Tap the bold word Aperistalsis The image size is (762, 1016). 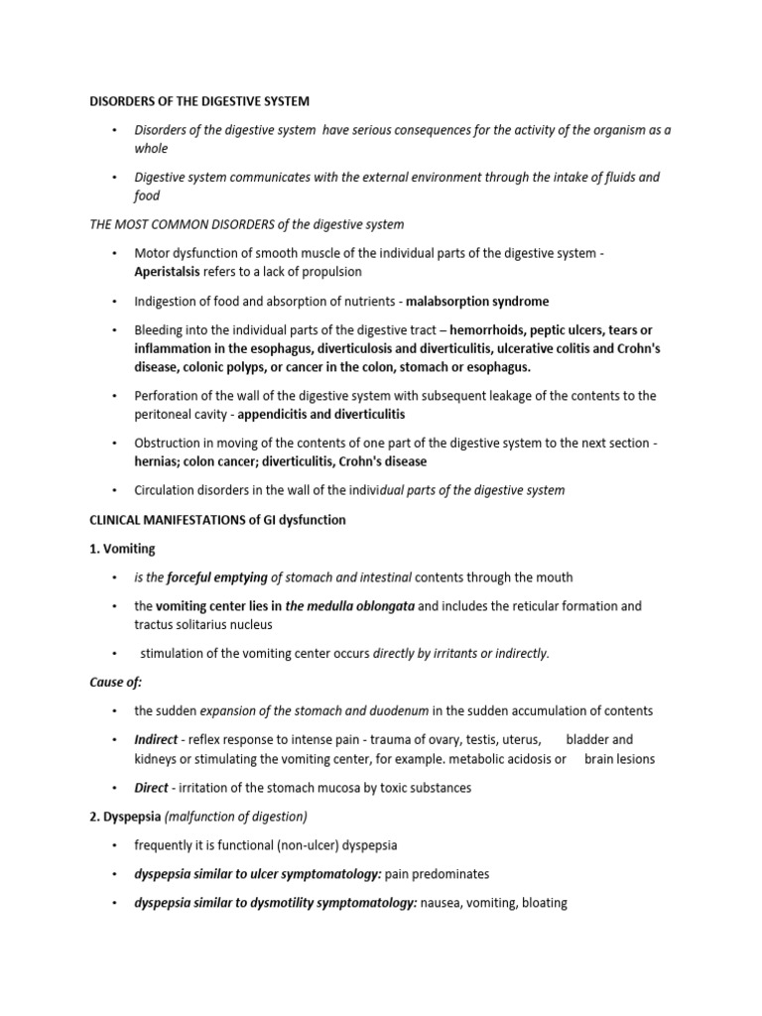tap(173, 271)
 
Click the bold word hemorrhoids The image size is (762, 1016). tap(492, 329)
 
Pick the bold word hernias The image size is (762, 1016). tap(160, 461)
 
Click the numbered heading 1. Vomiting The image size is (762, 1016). tap(123, 548)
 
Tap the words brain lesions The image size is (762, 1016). tap(620, 759)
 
